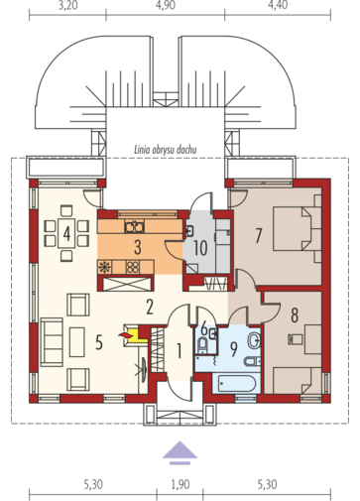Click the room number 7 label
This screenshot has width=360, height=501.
click(x=259, y=235)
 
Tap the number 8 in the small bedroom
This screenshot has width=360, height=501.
click(x=295, y=314)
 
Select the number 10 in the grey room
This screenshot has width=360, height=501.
click(x=200, y=248)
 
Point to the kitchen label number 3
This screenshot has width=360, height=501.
click(x=138, y=247)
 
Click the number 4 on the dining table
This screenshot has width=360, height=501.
click(x=66, y=234)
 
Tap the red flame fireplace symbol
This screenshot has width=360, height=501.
click(x=125, y=336)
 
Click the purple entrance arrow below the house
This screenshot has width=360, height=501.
click(x=180, y=452)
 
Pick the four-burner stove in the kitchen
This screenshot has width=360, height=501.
click(x=133, y=267)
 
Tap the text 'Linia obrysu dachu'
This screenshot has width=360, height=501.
click(x=166, y=150)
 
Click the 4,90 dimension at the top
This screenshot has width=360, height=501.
click(x=166, y=6)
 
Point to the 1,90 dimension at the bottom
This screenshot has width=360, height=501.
click(x=180, y=485)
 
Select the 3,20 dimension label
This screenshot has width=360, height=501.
click(x=67, y=6)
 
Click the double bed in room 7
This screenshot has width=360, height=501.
click(x=294, y=228)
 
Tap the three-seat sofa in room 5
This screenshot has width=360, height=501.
click(x=52, y=342)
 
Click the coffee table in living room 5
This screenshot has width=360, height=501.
click(x=77, y=342)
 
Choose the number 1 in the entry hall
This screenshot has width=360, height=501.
click(x=179, y=351)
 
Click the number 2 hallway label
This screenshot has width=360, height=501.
click(x=150, y=307)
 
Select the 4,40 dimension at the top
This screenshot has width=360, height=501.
click(x=278, y=6)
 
